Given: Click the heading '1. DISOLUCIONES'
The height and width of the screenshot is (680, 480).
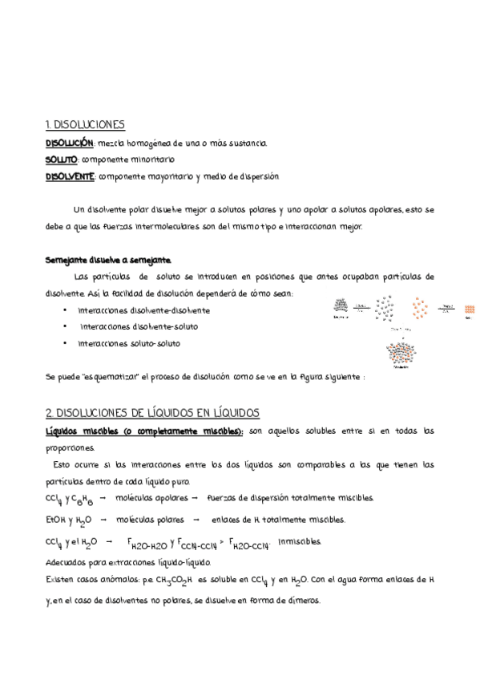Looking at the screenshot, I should tap(84, 124).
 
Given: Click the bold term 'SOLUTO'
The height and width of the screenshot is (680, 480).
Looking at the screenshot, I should tap(61, 160).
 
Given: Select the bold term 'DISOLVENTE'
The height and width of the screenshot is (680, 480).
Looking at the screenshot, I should tap(71, 176).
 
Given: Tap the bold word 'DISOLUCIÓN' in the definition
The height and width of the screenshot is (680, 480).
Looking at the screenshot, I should tap(70, 143).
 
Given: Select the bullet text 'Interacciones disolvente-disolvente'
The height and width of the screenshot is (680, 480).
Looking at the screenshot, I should tap(144, 310).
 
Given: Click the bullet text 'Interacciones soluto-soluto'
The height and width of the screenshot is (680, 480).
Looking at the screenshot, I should tap(129, 343).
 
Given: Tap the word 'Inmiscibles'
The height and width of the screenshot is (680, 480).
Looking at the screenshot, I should tap(299, 541).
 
